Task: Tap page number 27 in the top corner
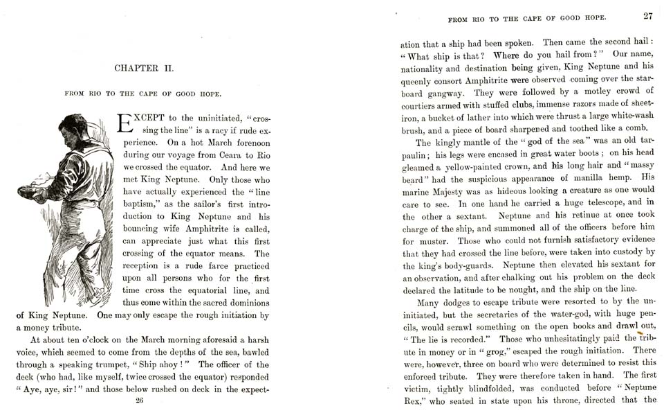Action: click(x=647, y=16)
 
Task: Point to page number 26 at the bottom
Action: click(x=139, y=400)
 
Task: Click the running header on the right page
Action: click(x=527, y=17)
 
